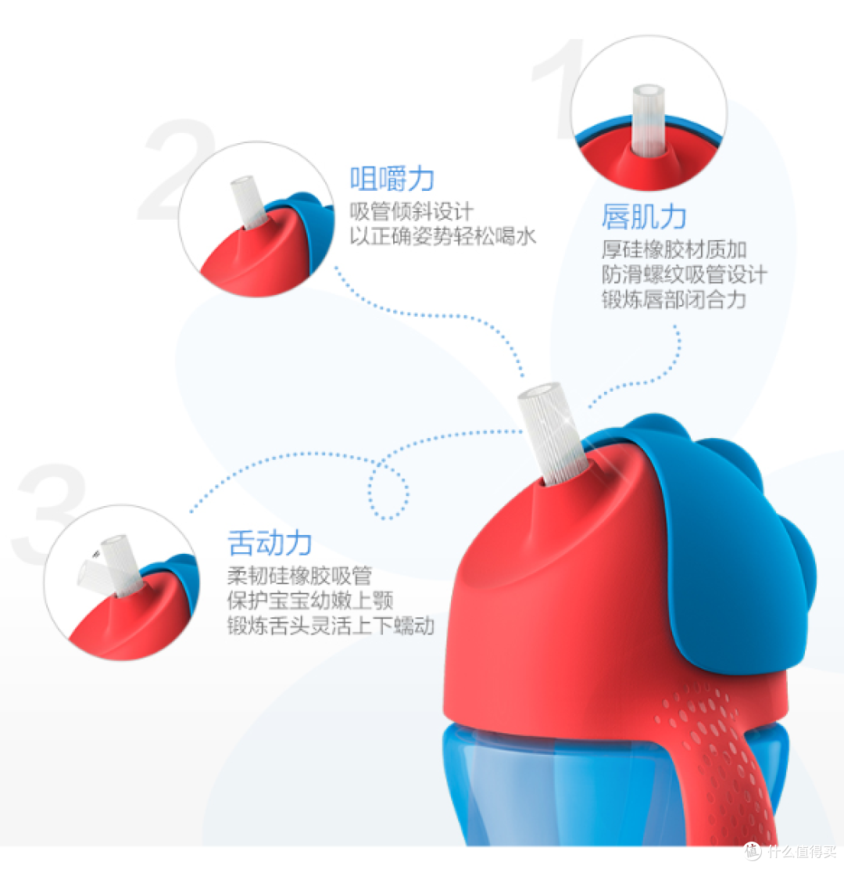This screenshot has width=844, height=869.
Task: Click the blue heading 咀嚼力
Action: (392, 178)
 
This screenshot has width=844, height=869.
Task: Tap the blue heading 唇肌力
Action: (644, 216)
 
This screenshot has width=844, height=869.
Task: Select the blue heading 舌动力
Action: (270, 543)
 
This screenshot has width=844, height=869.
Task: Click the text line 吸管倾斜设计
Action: (412, 211)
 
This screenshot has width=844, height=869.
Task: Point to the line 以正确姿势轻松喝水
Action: (442, 236)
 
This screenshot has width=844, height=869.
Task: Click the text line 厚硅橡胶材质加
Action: (674, 250)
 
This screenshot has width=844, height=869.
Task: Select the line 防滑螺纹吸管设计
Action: (685, 275)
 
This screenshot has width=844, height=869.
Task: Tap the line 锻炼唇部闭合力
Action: (674, 300)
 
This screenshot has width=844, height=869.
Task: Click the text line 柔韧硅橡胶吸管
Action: (299, 575)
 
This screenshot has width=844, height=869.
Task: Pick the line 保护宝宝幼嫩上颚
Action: (310, 600)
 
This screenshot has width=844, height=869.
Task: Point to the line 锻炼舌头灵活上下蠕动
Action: (331, 625)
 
